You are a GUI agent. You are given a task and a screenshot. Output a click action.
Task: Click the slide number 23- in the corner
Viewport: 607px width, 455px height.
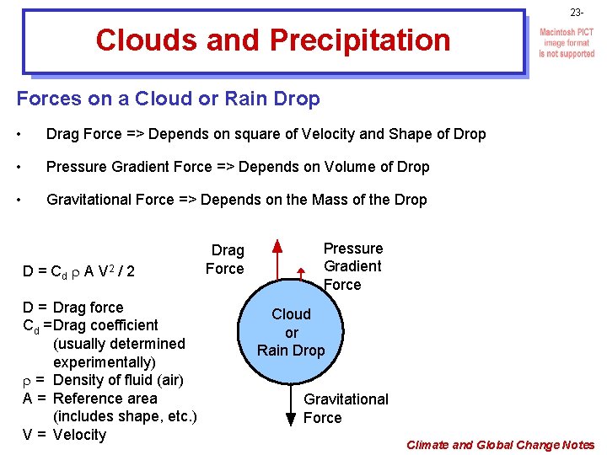tap(576, 13)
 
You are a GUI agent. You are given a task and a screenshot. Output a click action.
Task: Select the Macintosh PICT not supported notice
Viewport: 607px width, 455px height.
tap(567, 43)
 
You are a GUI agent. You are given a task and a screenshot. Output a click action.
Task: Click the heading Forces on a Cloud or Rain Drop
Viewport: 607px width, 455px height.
tap(169, 99)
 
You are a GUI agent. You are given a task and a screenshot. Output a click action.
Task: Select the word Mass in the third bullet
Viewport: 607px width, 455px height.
tap(344, 200)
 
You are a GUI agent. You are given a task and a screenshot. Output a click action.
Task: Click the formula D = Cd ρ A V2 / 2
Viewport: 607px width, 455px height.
tap(79, 271)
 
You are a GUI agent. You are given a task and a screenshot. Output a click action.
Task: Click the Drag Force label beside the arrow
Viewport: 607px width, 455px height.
tap(225, 260)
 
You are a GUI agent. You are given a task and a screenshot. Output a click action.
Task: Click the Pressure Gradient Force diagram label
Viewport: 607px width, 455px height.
tap(352, 266)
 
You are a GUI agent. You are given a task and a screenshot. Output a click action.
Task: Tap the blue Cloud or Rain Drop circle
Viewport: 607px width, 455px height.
tap(291, 332)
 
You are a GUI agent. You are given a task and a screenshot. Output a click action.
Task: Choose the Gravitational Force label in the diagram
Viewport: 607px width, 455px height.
tap(345, 409)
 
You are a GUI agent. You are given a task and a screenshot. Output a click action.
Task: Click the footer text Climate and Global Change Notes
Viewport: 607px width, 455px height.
tap(500, 445)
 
